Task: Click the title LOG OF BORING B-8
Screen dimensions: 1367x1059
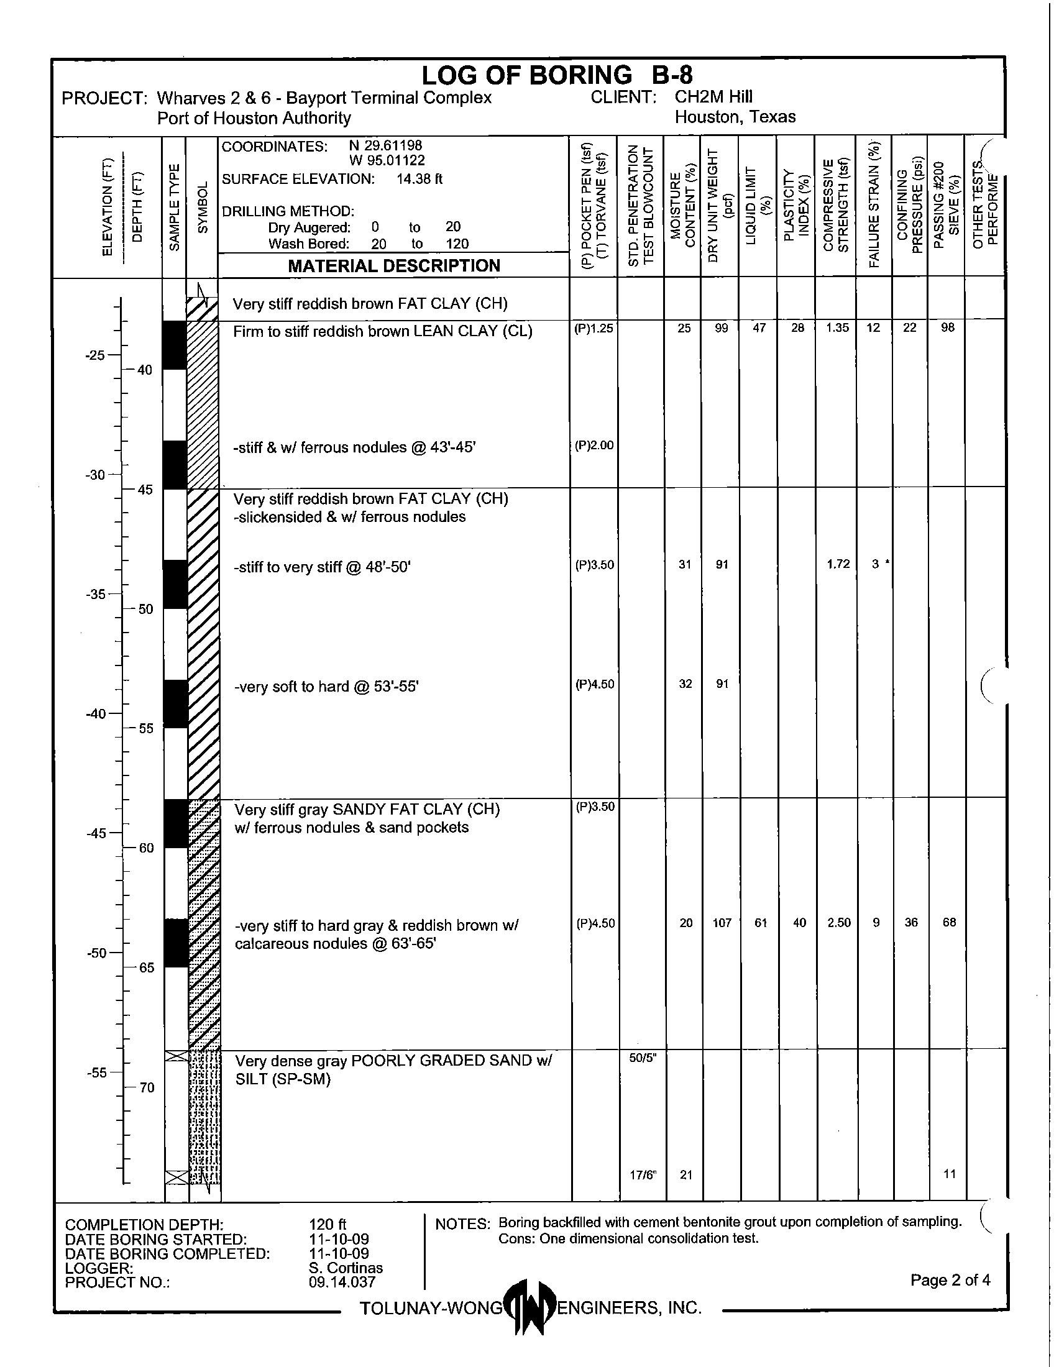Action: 556,76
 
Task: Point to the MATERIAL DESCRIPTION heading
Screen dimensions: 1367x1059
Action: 393,266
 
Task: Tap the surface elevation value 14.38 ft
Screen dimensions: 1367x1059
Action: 419,179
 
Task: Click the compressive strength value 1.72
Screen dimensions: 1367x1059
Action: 838,564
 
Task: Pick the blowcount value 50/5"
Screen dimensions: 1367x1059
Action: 642,1058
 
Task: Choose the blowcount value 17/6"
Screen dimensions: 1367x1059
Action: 643,1175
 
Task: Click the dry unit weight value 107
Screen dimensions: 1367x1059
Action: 722,923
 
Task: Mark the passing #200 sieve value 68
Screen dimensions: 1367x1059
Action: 949,923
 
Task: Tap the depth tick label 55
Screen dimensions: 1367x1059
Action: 146,729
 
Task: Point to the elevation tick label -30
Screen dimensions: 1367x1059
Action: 95,475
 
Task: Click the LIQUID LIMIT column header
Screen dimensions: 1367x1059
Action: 758,206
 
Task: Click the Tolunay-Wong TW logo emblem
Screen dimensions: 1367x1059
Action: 529,1307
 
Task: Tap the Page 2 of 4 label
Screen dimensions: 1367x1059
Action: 950,1280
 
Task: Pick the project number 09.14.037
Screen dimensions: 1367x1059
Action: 342,1282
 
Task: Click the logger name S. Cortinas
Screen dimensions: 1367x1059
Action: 346,1268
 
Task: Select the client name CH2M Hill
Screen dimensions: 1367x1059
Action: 713,97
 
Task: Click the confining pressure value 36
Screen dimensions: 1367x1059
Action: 910,923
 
